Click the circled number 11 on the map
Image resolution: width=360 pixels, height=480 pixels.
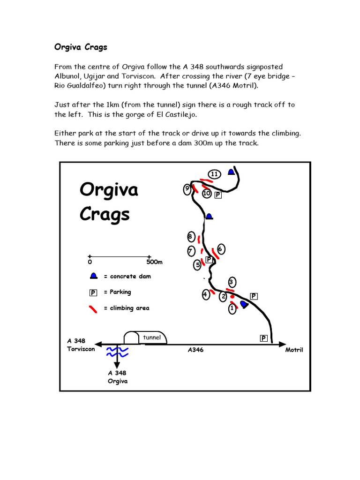tap(214, 174)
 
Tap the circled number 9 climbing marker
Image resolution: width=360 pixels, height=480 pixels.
tap(187, 189)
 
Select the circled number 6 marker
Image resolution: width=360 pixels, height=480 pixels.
tap(220, 249)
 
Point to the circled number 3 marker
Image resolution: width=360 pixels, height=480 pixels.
tap(231, 282)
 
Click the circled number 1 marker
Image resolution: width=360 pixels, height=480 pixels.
tap(232, 308)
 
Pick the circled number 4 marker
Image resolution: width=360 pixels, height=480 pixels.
tap(205, 295)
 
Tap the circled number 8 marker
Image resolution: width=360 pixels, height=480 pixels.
tap(190, 236)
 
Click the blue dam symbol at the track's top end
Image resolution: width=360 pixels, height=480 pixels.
tap(231, 172)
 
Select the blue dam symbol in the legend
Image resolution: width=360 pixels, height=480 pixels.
tap(94, 276)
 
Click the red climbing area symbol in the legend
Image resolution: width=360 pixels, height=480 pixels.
tap(94, 308)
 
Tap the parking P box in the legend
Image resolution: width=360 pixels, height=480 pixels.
tap(93, 292)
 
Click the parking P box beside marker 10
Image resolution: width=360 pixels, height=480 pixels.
tap(217, 195)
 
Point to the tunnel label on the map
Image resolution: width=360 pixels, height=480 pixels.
tap(152, 337)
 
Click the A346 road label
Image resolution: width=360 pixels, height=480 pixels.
tap(195, 350)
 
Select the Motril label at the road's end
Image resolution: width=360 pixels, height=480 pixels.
tap(294, 350)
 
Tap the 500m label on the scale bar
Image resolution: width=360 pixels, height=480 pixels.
tap(154, 262)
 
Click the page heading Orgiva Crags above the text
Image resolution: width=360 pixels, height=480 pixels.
tap(81, 47)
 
